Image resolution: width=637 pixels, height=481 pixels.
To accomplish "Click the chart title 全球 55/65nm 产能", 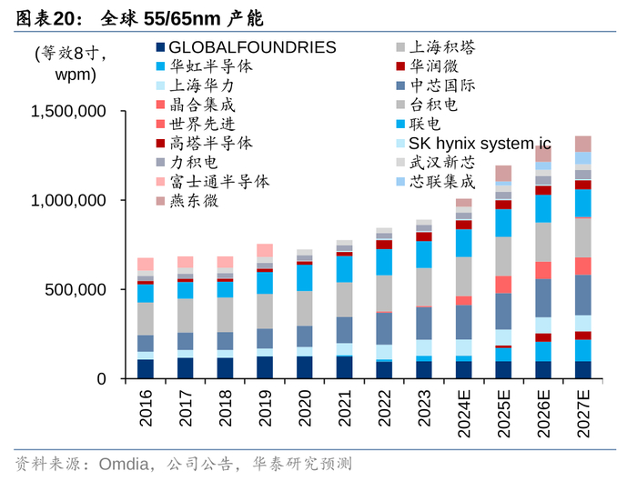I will click(169, 17).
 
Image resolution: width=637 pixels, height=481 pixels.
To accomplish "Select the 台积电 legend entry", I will click(431, 105).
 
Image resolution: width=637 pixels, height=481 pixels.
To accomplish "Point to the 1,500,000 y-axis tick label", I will click(69, 112).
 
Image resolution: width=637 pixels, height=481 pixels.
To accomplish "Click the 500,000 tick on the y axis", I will click(81, 290).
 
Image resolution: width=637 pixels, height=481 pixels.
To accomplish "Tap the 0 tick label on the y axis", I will click(101, 378).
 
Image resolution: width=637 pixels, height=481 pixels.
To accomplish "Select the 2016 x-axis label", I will click(146, 407).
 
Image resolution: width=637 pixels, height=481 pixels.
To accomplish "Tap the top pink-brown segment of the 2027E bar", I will click(582, 144).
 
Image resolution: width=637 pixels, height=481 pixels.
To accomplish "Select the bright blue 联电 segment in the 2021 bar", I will click(344, 269).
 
